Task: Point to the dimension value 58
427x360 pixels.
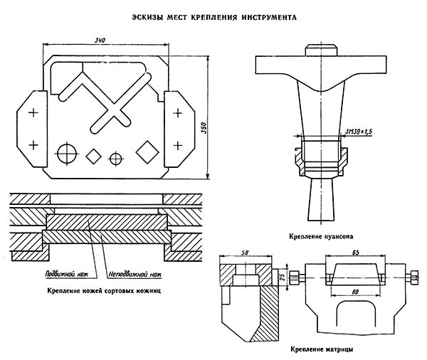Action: click(244, 253)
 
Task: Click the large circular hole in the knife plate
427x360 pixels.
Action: click(68, 152)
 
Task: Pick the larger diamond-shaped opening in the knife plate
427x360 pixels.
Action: click(147, 151)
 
